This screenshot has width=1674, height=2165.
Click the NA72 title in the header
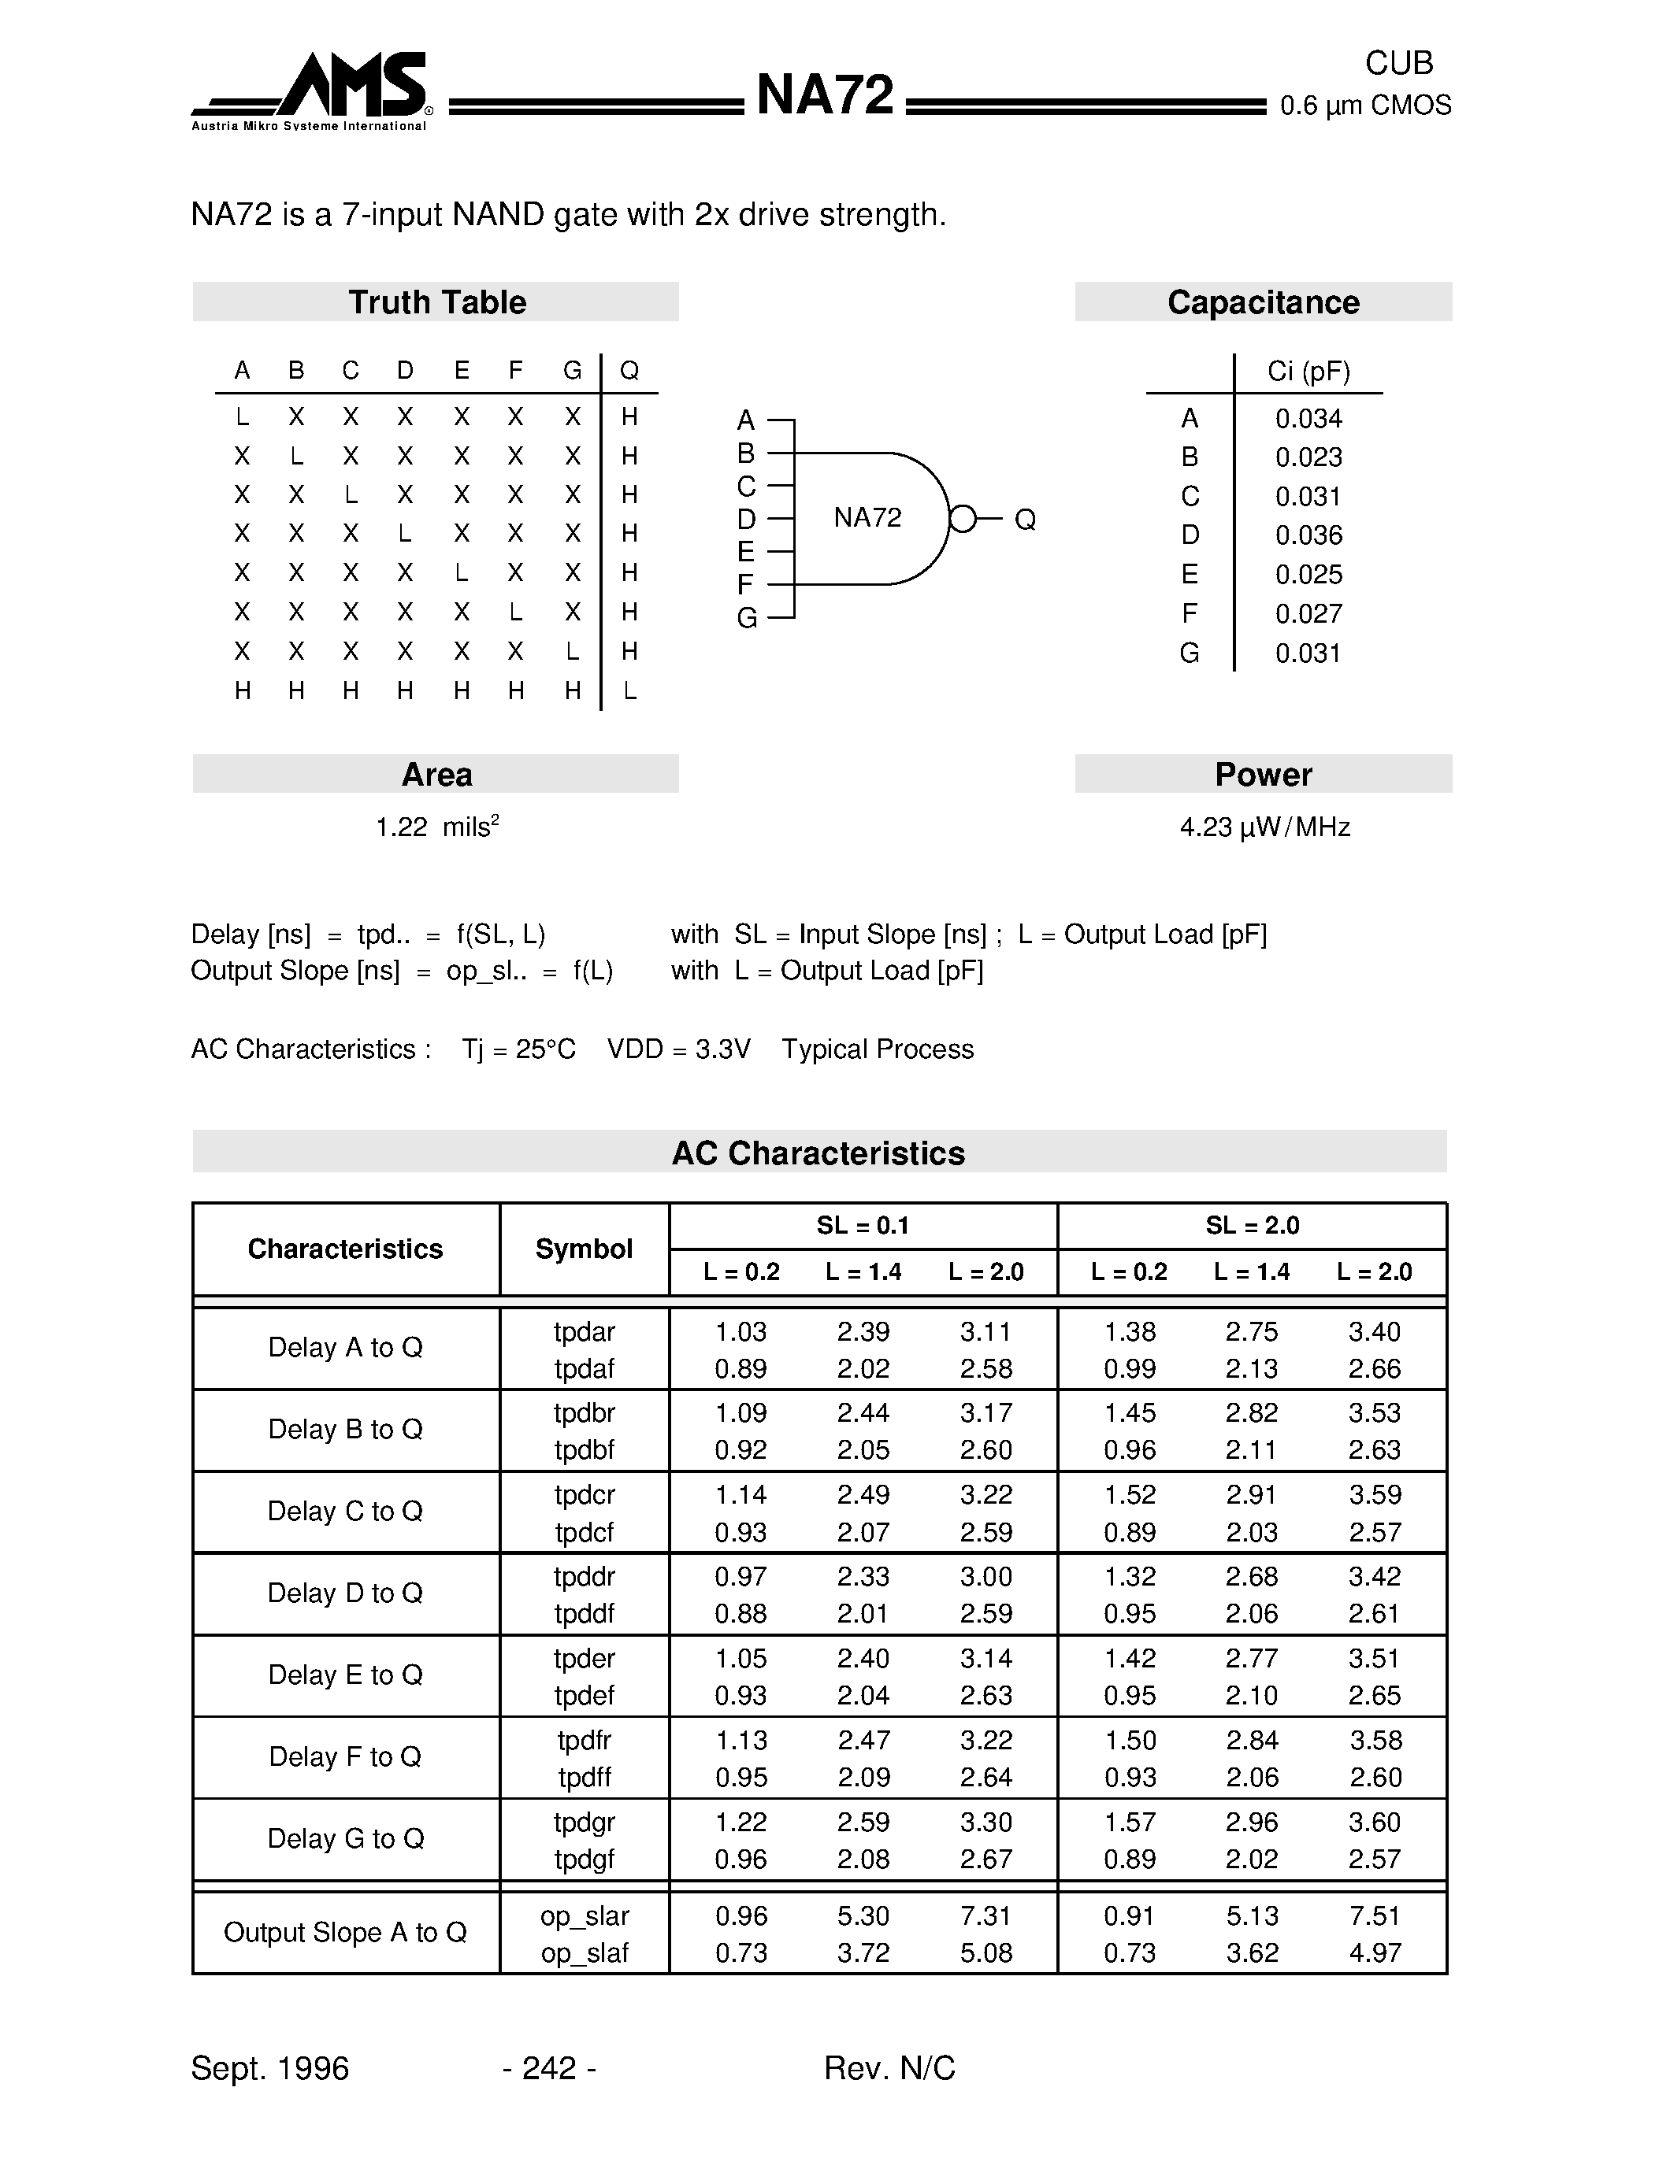824,96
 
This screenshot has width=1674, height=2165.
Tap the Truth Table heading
436,302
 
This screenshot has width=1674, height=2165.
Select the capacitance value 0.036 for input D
1308,535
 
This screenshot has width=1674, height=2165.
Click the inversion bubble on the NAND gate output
962,519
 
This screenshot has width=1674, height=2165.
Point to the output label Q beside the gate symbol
1026,520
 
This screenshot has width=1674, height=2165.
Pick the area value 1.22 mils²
436,827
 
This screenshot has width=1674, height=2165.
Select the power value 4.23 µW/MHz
1264,827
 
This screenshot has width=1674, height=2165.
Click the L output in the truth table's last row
629,691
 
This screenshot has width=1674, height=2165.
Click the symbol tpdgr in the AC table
584,1822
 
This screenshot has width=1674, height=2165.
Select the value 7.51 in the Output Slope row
1375,1916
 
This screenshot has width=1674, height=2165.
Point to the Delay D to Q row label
345,1593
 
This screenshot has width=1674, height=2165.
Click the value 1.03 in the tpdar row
740,1331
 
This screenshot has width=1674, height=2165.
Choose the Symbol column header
584,1249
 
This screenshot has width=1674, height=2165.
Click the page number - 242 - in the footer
549,2068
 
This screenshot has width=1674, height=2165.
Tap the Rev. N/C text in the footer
889,2068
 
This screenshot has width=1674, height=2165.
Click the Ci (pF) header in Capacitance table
1308,372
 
